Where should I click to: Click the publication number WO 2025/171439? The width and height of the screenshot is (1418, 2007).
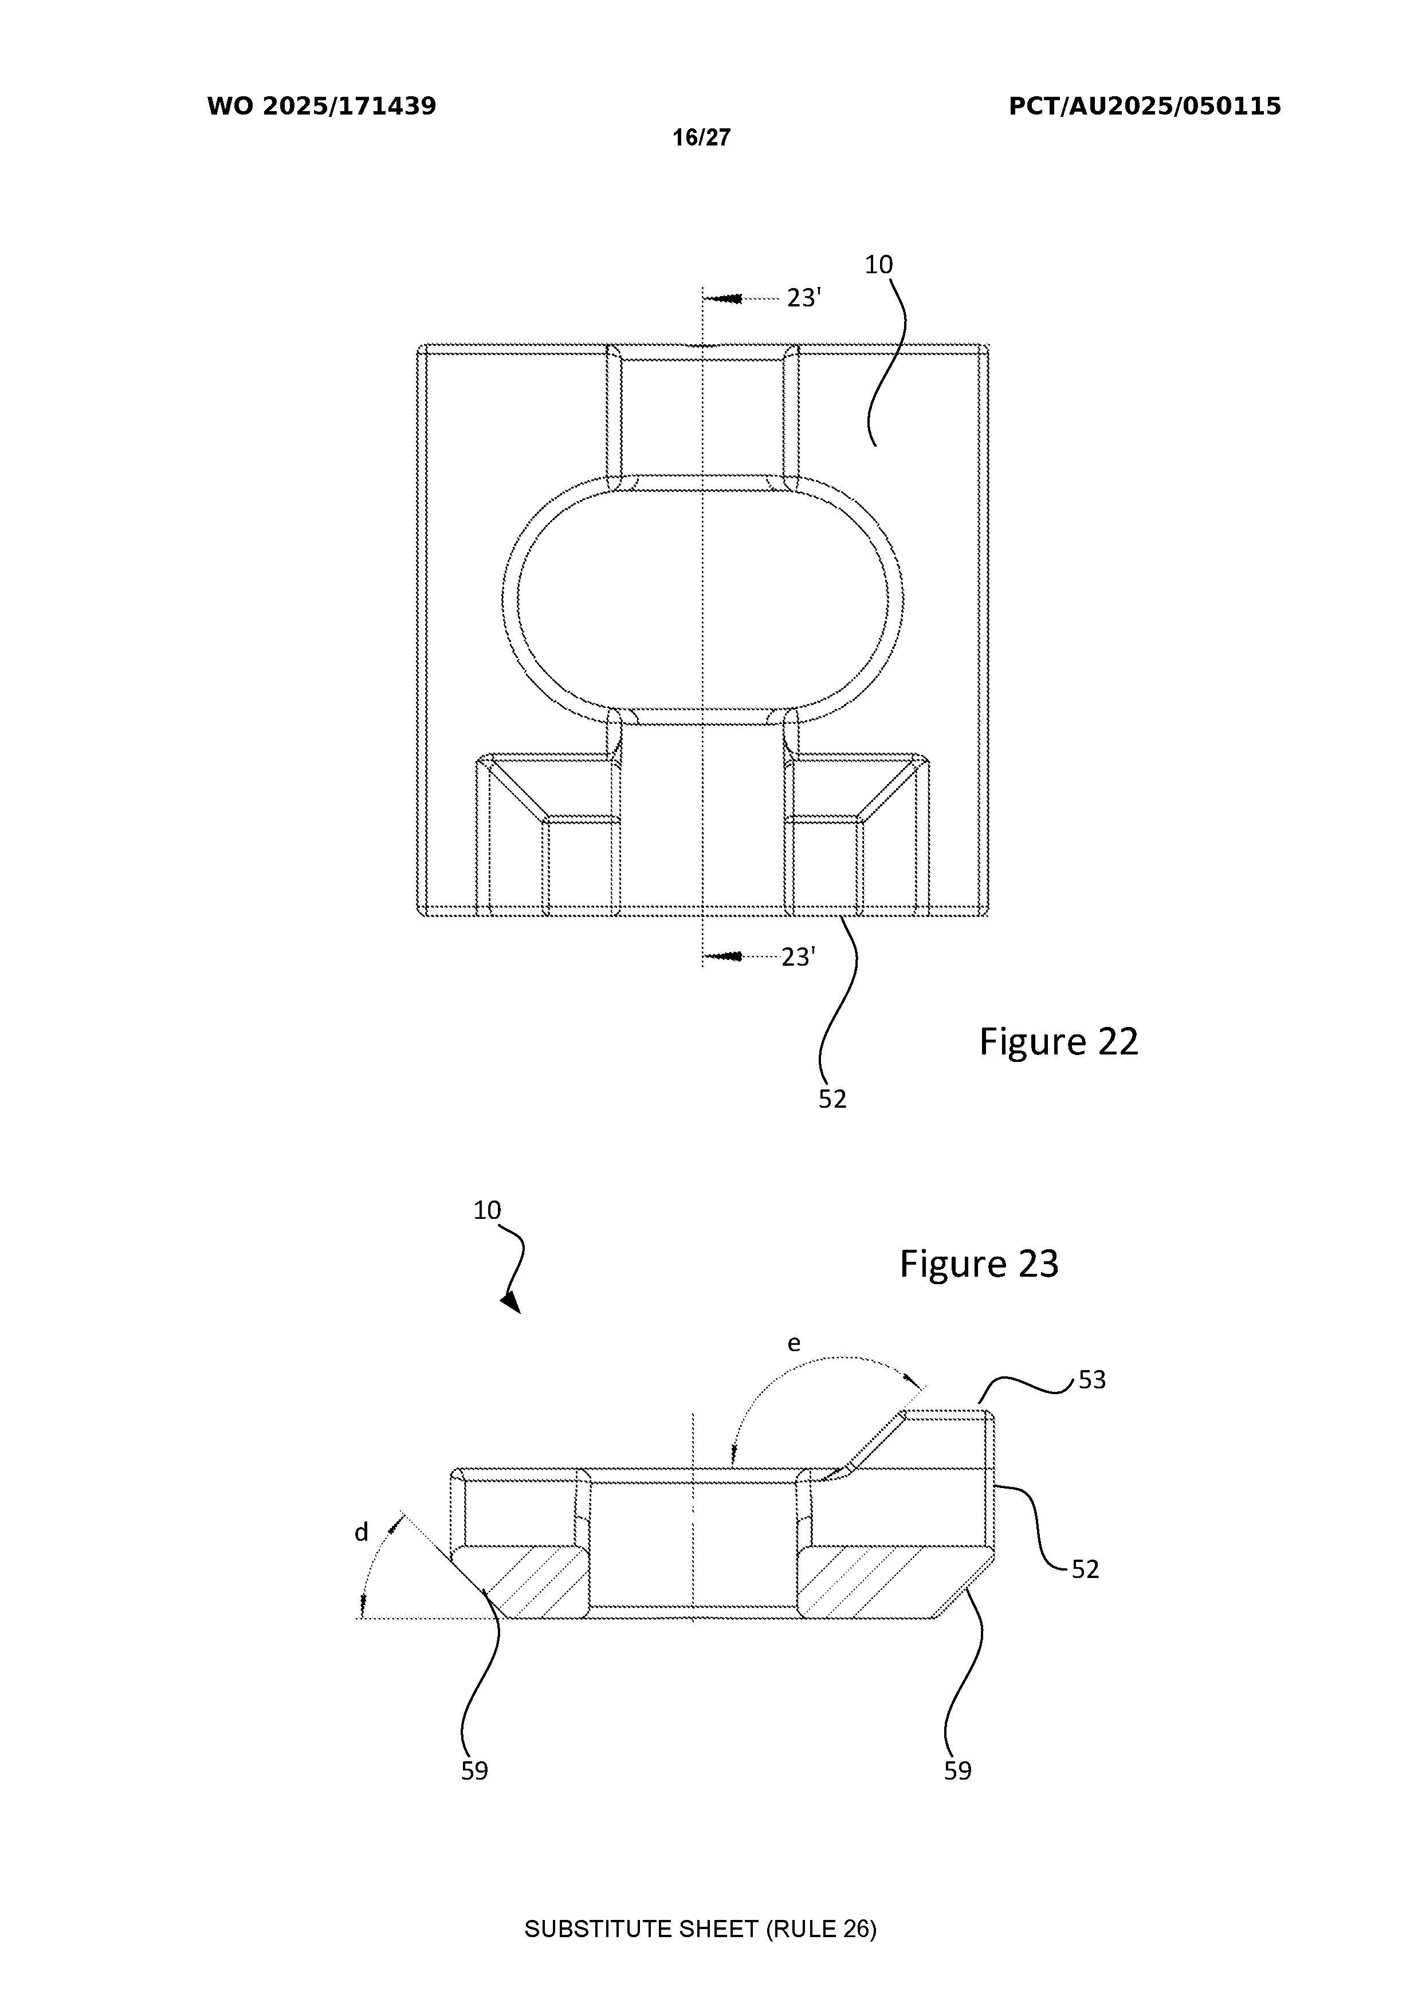(322, 107)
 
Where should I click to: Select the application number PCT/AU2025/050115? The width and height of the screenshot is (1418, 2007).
(1145, 107)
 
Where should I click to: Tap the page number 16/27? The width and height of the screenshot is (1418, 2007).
(701, 137)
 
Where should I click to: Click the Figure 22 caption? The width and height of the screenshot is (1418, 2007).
(1059, 1041)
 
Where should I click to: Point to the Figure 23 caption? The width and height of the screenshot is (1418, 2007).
(979, 1264)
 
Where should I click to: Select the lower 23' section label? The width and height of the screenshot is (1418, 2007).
(798, 957)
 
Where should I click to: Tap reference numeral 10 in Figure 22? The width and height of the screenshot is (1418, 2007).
(879, 264)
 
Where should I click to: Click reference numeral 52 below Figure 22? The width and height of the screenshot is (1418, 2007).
(832, 1099)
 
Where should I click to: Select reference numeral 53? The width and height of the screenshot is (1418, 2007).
(1092, 1379)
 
